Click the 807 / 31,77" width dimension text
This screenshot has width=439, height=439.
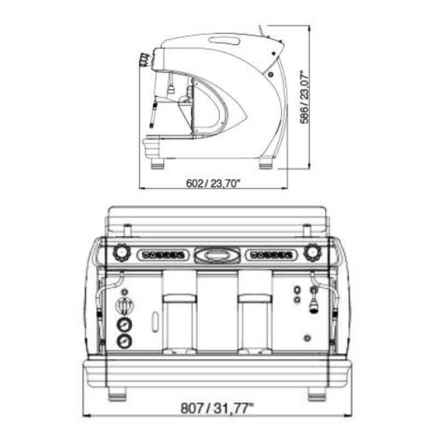[x=217, y=408]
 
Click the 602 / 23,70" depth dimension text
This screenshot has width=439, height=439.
[x=213, y=183]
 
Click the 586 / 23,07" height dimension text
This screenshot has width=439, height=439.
[x=305, y=97]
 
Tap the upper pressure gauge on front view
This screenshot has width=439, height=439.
[x=125, y=325]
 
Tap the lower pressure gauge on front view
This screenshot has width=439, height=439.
[x=125, y=341]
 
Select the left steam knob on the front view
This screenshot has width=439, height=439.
[x=122, y=252]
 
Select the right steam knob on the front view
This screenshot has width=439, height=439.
[x=312, y=252]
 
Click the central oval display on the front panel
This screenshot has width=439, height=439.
[x=217, y=255]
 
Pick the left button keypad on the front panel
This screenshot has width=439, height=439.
[x=163, y=255]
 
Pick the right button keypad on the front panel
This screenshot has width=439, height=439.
[x=272, y=255]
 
